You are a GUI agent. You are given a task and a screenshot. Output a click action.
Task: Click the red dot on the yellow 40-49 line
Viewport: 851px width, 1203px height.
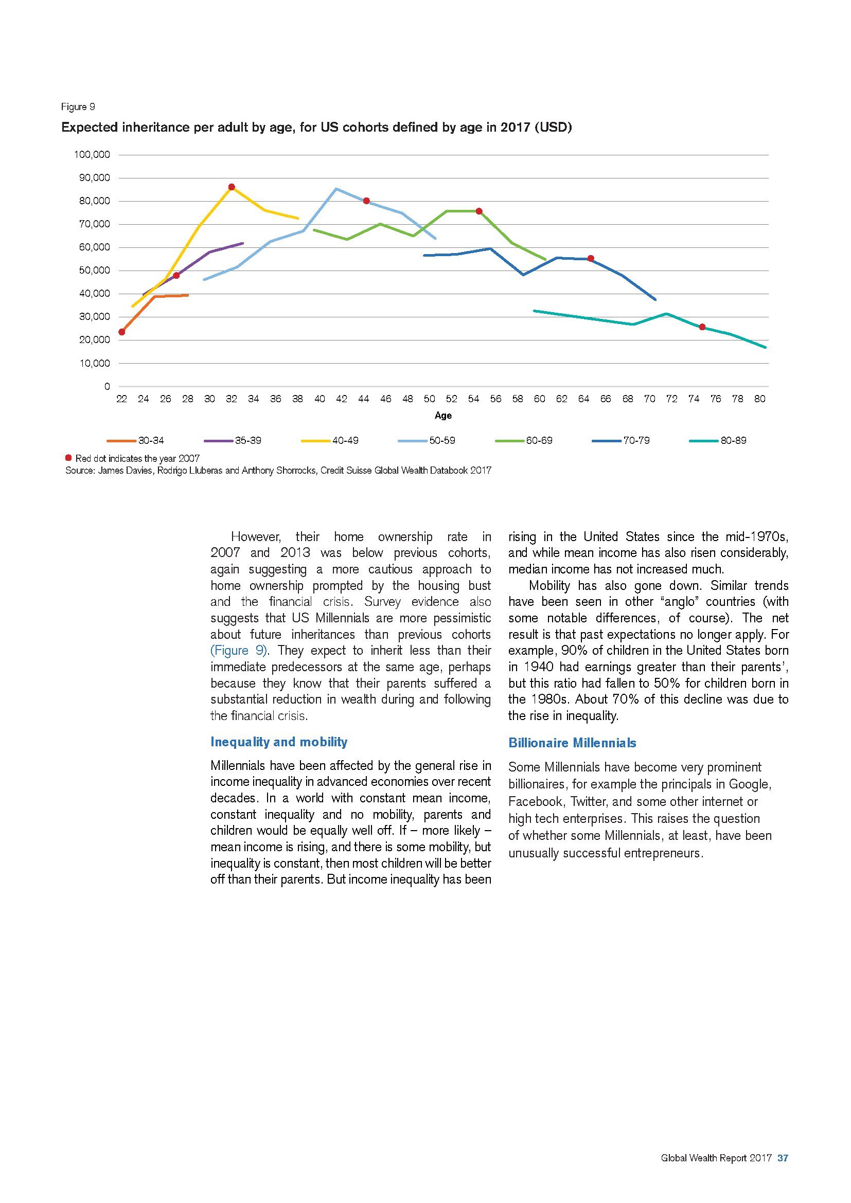[232, 187]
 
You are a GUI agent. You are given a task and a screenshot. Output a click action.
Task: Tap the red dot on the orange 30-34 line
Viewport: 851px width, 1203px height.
[122, 332]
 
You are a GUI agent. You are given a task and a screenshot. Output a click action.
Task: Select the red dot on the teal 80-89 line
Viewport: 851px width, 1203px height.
[702, 327]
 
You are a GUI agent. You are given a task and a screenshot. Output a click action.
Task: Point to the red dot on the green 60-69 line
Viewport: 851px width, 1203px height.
[479, 211]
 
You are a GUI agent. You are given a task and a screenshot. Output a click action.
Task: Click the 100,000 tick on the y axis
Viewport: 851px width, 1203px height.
[92, 155]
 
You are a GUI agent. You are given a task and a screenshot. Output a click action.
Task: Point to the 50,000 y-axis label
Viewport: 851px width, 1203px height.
[94, 271]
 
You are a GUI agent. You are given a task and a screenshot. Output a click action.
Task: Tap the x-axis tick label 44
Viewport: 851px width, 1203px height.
[364, 399]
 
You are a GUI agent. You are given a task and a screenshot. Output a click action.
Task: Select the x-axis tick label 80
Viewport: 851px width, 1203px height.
[759, 399]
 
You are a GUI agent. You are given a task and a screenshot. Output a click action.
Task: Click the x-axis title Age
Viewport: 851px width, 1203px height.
[443, 416]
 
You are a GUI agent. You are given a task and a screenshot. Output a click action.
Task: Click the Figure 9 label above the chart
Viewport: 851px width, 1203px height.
[78, 107]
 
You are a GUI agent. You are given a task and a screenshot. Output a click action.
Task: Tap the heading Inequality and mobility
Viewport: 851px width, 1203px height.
[279, 742]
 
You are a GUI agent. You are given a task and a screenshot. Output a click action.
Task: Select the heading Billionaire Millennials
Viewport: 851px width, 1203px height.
[572, 743]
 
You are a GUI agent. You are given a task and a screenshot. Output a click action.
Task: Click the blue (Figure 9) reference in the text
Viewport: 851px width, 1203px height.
[239, 651]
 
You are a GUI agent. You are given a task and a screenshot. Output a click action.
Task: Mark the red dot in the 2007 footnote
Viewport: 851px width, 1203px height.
[68, 458]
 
